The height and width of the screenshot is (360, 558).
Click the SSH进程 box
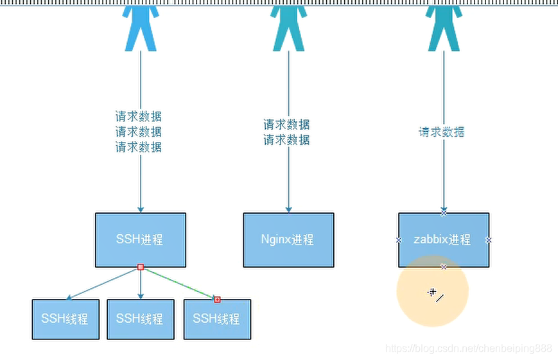point(140,239)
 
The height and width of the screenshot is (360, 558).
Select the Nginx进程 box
point(288,239)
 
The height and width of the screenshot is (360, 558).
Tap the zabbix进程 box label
point(442,239)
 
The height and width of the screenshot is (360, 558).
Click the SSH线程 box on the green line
point(216,319)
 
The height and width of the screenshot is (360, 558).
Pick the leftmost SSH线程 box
point(65,319)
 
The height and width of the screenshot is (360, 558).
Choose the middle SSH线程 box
point(140,319)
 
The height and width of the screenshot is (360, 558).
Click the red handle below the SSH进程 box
point(140,267)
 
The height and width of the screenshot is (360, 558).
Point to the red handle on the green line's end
point(217,299)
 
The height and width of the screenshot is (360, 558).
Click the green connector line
point(179,283)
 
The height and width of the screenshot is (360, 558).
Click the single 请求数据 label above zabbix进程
point(442,132)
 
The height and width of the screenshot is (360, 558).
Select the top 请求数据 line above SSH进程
point(139,117)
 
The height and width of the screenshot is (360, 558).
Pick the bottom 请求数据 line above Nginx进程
point(286,140)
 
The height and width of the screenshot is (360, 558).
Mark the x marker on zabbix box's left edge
point(399,239)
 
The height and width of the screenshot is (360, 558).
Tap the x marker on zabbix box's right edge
point(489,239)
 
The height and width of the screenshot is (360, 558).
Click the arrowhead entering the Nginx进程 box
point(288,209)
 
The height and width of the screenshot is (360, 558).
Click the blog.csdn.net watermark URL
point(468,348)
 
